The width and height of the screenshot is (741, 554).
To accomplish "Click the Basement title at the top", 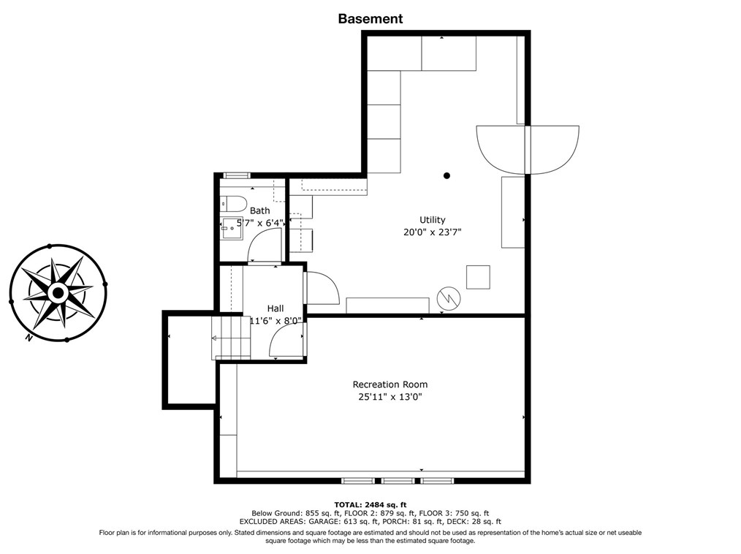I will click(x=370, y=19).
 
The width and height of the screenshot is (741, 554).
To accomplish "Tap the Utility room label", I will click(x=432, y=219).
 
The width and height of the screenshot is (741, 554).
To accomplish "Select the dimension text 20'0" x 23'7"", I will click(x=432, y=232).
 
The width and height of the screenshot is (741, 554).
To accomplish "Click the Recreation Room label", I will click(x=389, y=384).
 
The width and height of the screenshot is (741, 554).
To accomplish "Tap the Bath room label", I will click(x=259, y=210).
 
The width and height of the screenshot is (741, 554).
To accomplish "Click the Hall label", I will click(x=275, y=308).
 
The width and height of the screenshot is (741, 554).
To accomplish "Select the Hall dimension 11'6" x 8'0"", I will click(x=275, y=321).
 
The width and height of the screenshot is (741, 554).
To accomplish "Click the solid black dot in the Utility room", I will click(x=446, y=175).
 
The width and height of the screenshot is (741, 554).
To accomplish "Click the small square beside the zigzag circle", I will click(x=478, y=277).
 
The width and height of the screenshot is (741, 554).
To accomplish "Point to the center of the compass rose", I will click(x=58, y=293).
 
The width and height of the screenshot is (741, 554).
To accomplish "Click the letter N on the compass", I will click(x=28, y=338).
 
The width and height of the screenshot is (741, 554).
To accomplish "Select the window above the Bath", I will click(x=236, y=175).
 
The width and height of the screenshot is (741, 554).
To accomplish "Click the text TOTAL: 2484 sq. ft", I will click(x=370, y=504).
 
